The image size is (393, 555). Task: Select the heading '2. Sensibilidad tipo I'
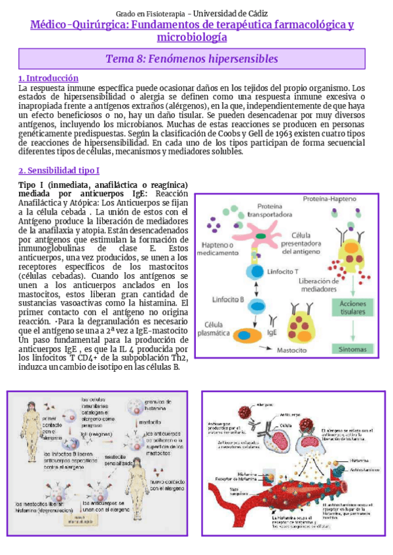coord(59,171)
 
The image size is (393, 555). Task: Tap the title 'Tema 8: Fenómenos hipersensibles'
coord(192,59)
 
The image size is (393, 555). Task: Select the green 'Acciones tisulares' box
coord(352,308)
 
